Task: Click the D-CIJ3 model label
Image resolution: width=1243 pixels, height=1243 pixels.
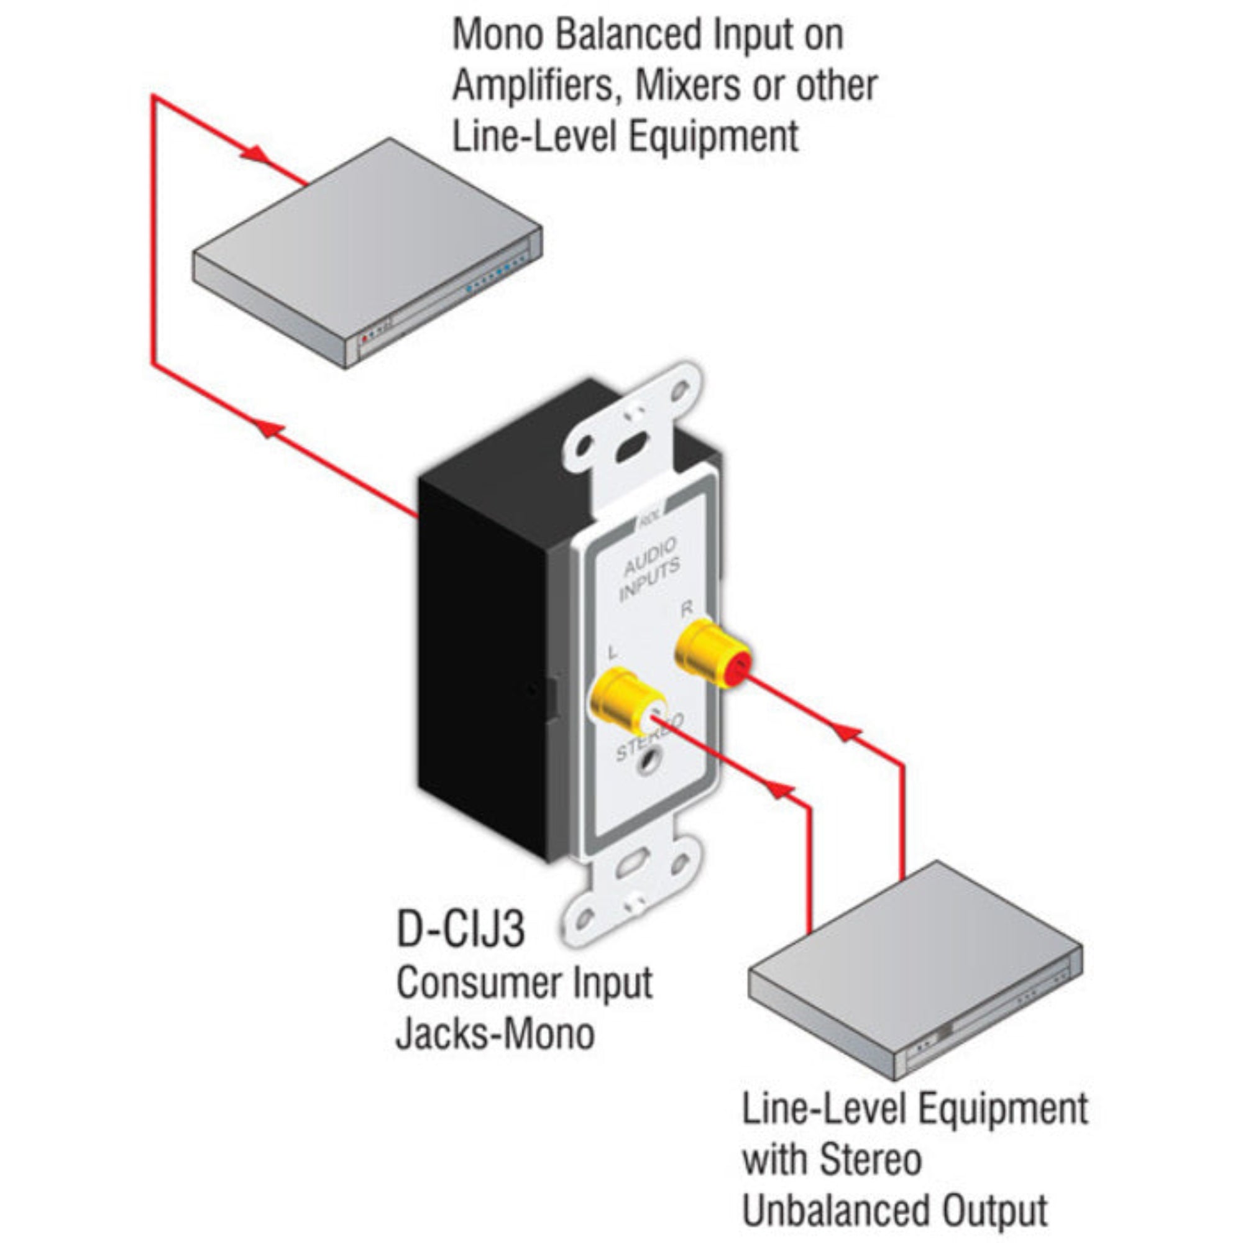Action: [461, 930]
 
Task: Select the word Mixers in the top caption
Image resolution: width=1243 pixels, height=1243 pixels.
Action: [687, 86]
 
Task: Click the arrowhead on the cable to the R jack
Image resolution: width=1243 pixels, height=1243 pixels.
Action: [848, 732]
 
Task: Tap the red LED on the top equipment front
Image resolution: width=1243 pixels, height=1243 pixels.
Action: [365, 337]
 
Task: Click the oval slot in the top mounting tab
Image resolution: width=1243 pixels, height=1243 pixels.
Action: [630, 447]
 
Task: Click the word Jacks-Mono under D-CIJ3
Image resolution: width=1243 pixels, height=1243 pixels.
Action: [495, 1034]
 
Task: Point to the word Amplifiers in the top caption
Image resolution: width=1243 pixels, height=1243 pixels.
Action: [534, 86]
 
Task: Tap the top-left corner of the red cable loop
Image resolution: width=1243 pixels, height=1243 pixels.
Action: [154, 97]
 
